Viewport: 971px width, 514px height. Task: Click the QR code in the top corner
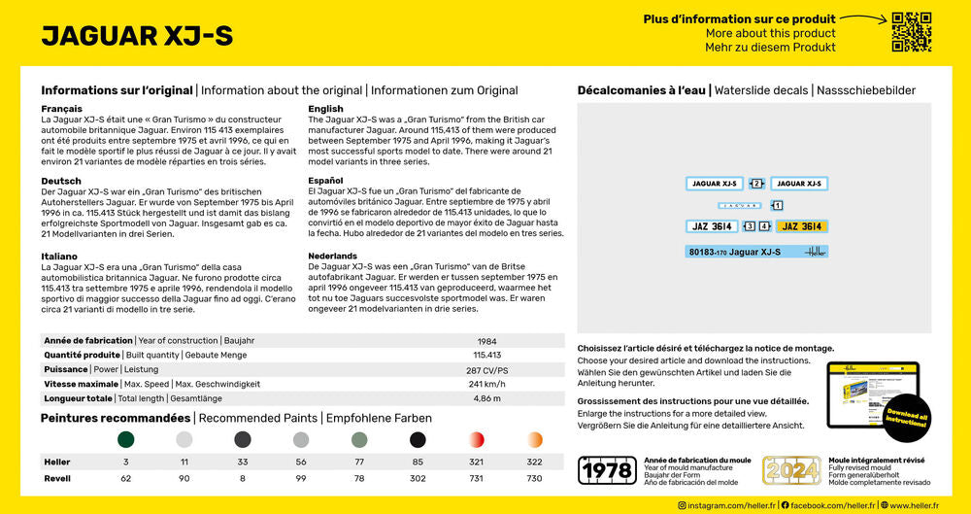click(x=911, y=32)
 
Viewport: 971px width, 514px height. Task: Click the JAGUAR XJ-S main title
click(x=137, y=36)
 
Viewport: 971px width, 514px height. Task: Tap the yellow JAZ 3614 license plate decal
click(x=801, y=226)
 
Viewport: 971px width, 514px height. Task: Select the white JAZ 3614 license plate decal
click(x=712, y=226)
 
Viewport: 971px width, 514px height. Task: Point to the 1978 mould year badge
click(x=607, y=470)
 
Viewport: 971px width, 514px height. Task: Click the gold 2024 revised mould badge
click(x=791, y=470)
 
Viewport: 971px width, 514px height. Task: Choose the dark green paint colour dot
click(x=126, y=440)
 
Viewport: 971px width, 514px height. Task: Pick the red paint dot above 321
click(x=477, y=440)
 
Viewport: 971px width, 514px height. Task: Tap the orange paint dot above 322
click(x=535, y=440)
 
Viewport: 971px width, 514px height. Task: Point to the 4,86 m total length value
click(x=486, y=398)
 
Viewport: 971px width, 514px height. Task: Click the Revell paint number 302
click(x=418, y=479)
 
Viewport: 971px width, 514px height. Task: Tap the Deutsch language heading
click(x=61, y=181)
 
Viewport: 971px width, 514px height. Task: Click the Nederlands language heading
click(x=332, y=256)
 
